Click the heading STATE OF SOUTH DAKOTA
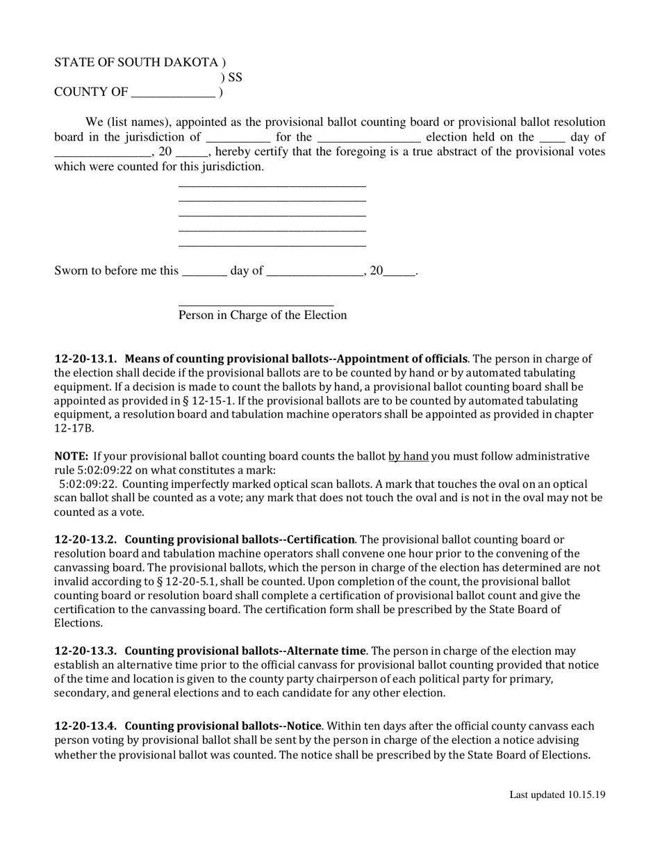[x=135, y=63]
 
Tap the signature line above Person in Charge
[x=256, y=304]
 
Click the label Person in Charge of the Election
[x=263, y=316]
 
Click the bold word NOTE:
[x=71, y=457]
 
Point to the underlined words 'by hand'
[x=408, y=457]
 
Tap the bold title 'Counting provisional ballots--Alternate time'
[x=245, y=651]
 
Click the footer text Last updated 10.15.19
[x=557, y=795]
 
